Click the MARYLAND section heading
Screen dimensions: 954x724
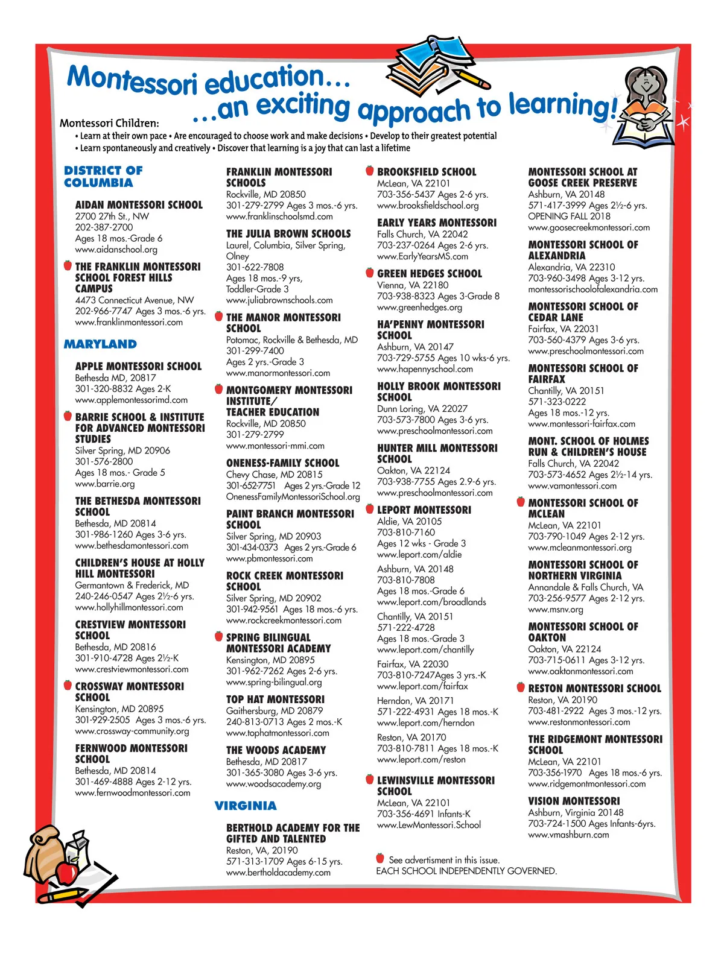(100, 344)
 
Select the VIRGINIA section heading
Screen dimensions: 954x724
(246, 806)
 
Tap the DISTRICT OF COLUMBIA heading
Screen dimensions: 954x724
(103, 177)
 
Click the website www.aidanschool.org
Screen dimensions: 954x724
(116, 249)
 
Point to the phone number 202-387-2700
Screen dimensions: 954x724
(104, 227)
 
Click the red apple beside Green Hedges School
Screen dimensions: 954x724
(370, 273)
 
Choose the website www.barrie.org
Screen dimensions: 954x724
(105, 484)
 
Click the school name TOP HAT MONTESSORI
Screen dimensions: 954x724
(275, 700)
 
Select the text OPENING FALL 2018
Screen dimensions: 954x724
(569, 216)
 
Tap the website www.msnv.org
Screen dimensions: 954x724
(556, 610)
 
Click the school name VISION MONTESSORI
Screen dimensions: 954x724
(574, 801)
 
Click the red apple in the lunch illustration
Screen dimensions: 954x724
(66, 872)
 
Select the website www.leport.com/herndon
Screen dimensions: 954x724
(425, 723)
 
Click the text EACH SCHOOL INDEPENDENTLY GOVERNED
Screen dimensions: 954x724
(466, 871)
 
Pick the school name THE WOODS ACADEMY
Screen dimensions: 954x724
(276, 750)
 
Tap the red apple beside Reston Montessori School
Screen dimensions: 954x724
(521, 687)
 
